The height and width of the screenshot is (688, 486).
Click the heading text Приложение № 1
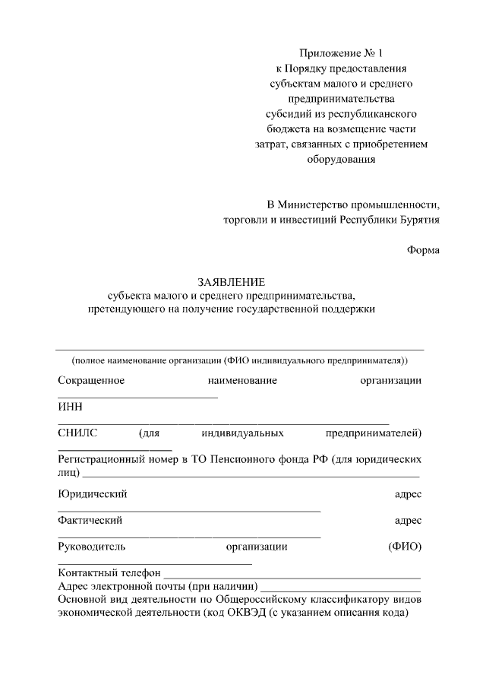point(342,53)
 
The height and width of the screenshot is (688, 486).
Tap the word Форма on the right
point(423,250)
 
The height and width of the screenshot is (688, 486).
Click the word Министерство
point(313,205)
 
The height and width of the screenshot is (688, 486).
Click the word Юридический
point(92,494)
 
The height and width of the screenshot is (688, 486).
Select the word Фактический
point(90,521)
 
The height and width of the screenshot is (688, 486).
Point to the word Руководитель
point(92,546)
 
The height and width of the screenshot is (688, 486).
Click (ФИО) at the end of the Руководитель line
point(404,546)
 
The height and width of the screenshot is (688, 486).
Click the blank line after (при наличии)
point(341,590)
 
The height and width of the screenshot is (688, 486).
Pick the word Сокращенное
point(91,380)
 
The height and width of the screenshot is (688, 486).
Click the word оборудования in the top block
point(341,160)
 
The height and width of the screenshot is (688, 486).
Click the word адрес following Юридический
point(408,494)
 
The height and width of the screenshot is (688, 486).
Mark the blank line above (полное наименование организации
point(240,348)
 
